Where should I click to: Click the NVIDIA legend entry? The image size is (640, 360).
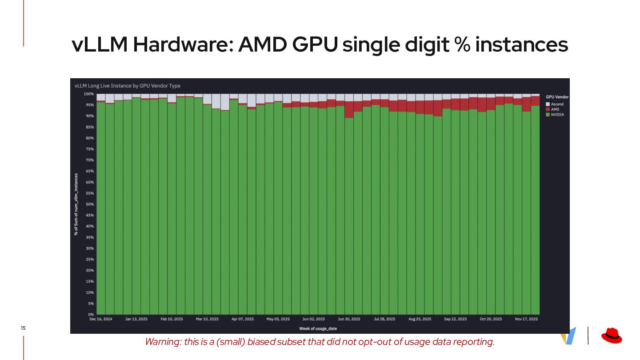click(x=557, y=115)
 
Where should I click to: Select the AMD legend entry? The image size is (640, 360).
click(x=555, y=109)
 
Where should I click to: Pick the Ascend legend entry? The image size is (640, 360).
click(x=556, y=104)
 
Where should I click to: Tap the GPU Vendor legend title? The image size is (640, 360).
click(x=557, y=97)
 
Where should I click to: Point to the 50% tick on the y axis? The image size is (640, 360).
click(x=89, y=204)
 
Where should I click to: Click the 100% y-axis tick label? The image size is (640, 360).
click(x=88, y=94)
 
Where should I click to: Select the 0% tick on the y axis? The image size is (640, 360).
click(x=90, y=315)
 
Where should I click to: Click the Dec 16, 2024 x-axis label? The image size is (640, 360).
click(x=101, y=319)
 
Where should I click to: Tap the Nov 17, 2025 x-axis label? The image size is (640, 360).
click(x=526, y=319)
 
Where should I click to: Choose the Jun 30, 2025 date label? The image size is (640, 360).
click(x=349, y=319)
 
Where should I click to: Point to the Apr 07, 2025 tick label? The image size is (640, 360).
click(x=243, y=319)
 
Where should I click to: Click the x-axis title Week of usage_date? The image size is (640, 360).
click(x=318, y=329)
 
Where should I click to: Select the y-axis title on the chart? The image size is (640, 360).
click(x=76, y=204)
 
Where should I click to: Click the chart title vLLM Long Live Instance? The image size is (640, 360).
click(x=128, y=86)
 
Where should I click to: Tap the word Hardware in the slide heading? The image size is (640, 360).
click(x=183, y=45)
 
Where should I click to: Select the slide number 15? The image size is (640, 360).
click(x=23, y=328)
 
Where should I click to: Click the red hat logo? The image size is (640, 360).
click(x=612, y=336)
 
